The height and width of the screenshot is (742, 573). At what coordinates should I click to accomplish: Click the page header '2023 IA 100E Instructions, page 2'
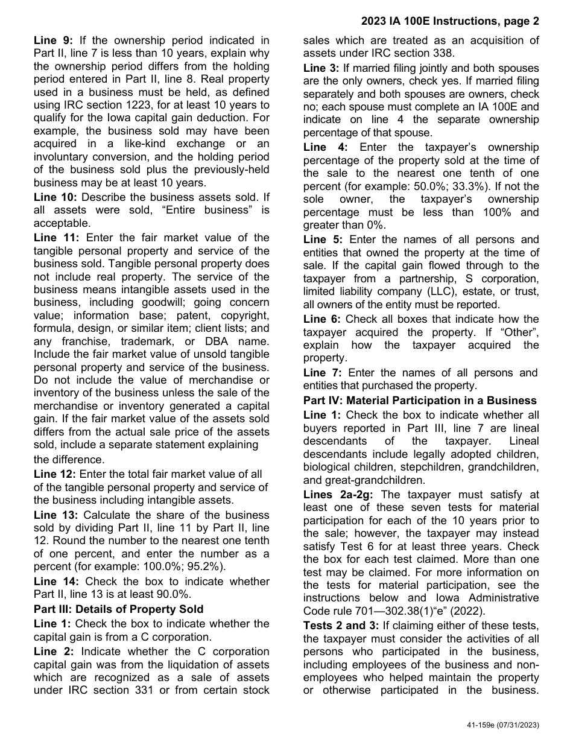click(450, 22)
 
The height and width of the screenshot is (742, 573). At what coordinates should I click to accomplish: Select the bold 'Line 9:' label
click(53, 40)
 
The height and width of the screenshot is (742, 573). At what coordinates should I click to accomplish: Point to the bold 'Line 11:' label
click(56, 238)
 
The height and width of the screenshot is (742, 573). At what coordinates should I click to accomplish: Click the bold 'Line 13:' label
click(56, 515)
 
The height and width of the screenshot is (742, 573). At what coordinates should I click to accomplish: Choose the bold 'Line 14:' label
click(56, 581)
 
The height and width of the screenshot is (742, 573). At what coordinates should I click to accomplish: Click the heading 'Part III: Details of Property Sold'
click(119, 609)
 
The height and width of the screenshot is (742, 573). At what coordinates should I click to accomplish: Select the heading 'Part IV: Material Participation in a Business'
click(420, 400)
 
